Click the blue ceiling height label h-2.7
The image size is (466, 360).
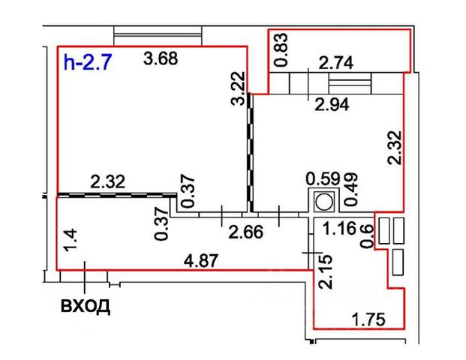coord(88,62)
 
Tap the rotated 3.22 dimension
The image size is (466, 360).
coord(238,88)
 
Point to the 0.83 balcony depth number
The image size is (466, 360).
coord(280,50)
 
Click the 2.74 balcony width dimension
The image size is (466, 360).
coord(336,64)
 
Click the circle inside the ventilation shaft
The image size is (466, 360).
coord(324,201)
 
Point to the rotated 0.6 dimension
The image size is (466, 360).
coord(367,235)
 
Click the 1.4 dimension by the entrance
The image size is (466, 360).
coord(69,241)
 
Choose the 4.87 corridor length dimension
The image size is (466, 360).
coord(197,262)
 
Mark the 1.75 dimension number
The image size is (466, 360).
coord(368,320)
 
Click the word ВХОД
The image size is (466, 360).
coord(85,307)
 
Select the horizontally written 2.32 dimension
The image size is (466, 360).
coord(107,180)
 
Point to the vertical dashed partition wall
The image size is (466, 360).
coord(248,150)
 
